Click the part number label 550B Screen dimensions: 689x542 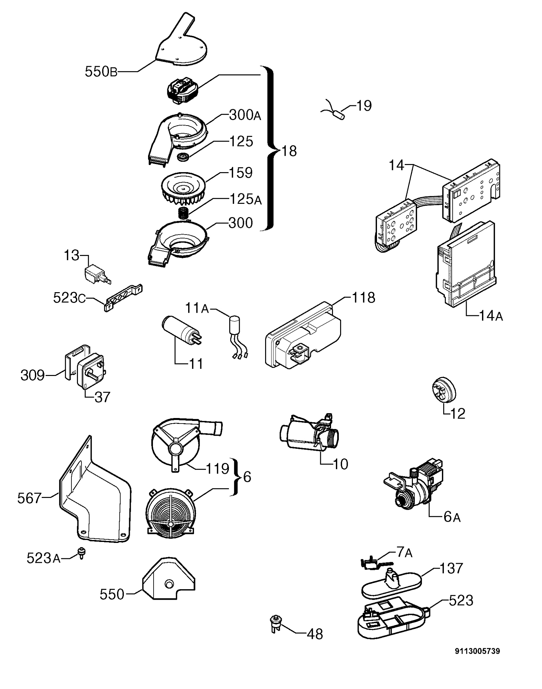[101, 72]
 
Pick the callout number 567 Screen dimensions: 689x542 [29, 498]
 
